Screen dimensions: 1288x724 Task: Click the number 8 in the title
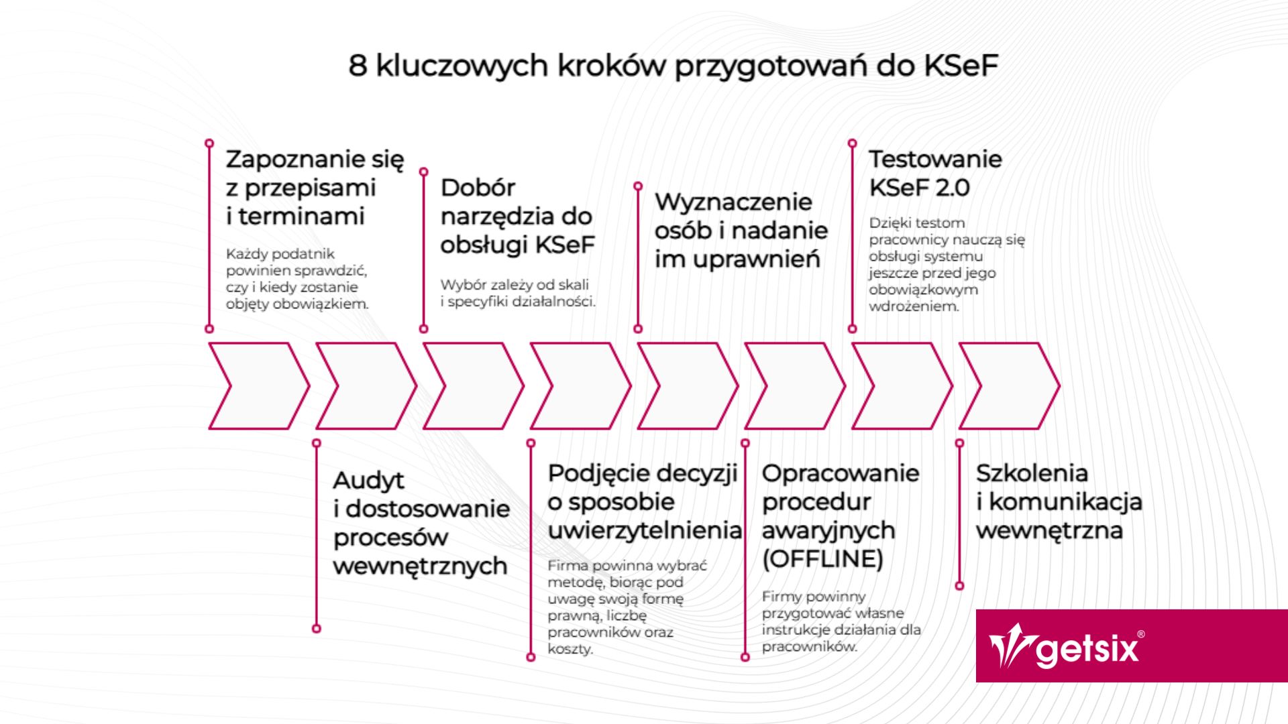click(x=358, y=66)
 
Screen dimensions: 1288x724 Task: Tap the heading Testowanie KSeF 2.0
click(x=935, y=173)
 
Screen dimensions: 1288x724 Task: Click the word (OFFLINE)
click(x=822, y=558)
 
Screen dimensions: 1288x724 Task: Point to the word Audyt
click(x=368, y=481)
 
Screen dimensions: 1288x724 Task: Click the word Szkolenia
click(x=1032, y=473)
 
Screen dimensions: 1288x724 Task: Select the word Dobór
click(x=478, y=188)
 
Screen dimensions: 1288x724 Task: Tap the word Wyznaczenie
click(x=733, y=202)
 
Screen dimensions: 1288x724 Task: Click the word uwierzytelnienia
click(x=645, y=530)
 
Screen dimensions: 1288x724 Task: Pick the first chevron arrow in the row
click(x=259, y=386)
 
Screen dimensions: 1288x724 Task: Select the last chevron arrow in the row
click(x=1009, y=386)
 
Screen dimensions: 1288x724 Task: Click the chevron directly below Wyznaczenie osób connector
click(x=688, y=386)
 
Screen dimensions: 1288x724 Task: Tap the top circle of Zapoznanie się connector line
click(x=209, y=143)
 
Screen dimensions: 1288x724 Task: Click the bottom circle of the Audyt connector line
click(x=317, y=629)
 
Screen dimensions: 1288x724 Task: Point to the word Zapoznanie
click(x=294, y=160)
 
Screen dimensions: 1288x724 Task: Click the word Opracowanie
click(x=841, y=473)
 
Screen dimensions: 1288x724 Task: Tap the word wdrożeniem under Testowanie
click(x=914, y=306)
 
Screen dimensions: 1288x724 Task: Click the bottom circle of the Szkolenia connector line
click(x=959, y=586)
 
